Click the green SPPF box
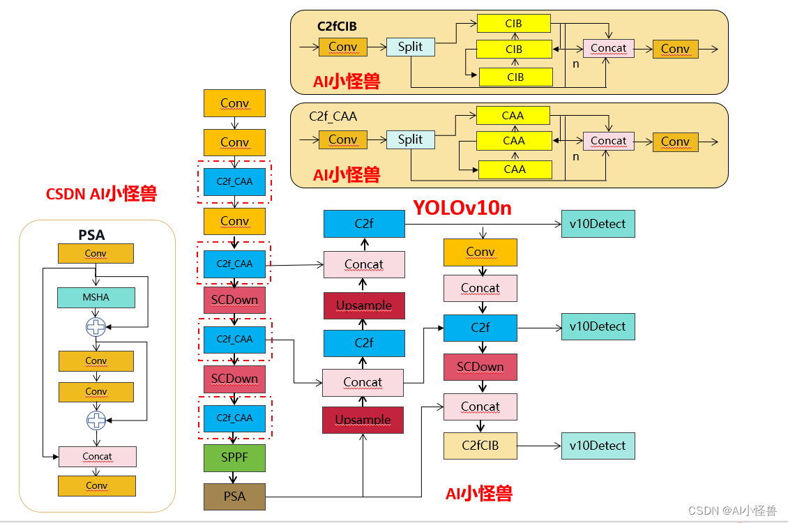[234, 457]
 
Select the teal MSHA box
[96, 298]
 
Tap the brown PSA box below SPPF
[234, 497]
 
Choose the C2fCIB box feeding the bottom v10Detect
[480, 446]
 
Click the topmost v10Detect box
[598, 225]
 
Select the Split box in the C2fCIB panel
[410, 47]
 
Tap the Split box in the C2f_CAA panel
[410, 139]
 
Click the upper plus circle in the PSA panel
[96, 326]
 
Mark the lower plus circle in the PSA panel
[96, 420]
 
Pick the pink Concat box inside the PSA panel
[97, 457]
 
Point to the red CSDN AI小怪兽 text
[101, 194]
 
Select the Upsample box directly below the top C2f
[363, 305]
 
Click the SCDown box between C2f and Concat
[480, 367]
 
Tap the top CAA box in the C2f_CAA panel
[513, 116]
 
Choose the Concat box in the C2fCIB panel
[608, 48]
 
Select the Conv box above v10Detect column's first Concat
[480, 252]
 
